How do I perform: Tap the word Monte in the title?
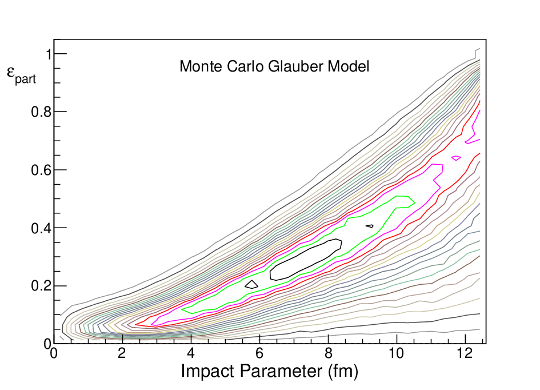pos(201,66)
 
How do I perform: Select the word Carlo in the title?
pos(245,66)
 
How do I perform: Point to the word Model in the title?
pos(349,66)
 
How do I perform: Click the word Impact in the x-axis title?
pos(207,371)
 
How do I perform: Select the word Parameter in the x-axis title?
pos(281,371)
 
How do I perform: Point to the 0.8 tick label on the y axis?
pos(41,112)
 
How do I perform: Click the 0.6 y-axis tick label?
pos(41,170)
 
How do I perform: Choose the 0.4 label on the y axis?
pos(41,228)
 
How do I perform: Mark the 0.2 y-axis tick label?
pos(41,286)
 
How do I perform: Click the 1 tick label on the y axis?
pos(49,54)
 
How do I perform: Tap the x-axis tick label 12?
pos(465,353)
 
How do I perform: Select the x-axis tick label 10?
pos(397,353)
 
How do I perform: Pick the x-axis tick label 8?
pos(328,353)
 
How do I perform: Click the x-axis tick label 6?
pos(259,353)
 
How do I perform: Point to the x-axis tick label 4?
pos(190,353)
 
